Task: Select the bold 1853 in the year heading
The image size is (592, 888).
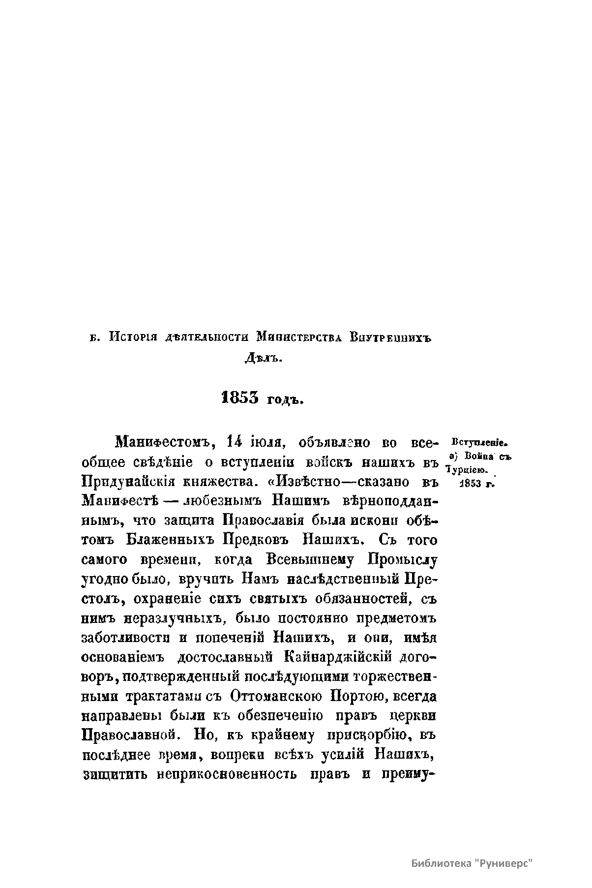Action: coord(240,398)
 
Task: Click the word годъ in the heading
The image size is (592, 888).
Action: coord(284,399)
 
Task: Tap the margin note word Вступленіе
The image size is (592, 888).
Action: coord(479,442)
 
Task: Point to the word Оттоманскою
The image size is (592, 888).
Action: coord(275,697)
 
